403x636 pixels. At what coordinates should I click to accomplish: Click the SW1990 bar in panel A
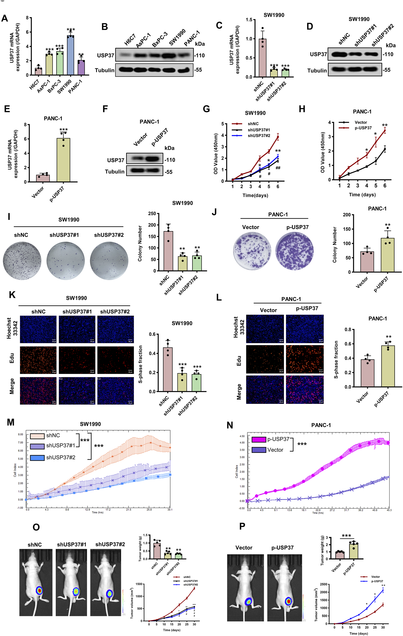click(70, 56)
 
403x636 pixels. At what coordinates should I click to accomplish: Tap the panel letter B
click(105, 27)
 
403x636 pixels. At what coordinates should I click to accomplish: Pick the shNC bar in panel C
click(263, 58)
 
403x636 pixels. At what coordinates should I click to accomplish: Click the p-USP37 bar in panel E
click(63, 160)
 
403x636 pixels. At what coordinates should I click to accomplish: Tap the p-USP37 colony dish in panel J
click(295, 251)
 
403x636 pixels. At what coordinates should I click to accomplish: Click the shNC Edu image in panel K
click(38, 360)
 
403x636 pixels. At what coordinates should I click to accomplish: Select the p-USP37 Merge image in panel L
click(305, 390)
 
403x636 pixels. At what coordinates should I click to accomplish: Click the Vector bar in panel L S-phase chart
click(367, 373)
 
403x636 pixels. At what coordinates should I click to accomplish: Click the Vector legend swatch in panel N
click(258, 449)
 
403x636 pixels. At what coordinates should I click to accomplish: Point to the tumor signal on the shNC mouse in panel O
click(40, 590)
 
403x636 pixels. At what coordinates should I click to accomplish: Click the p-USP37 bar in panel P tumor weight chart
click(354, 551)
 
